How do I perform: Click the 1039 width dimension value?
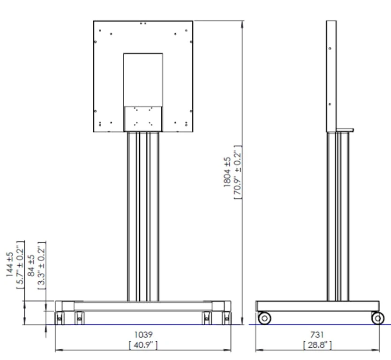(x=143, y=335)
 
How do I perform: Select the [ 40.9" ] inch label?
(x=143, y=345)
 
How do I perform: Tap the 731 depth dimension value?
(x=317, y=335)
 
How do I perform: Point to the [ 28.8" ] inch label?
(x=317, y=345)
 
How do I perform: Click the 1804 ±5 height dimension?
(x=227, y=172)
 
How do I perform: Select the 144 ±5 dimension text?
(x=10, y=265)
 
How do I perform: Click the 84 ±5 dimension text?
(x=31, y=265)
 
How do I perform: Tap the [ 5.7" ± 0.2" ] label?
(x=20, y=265)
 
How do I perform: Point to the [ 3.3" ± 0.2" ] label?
(x=41, y=265)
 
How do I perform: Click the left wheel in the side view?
(x=264, y=318)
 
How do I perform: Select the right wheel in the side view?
(x=377, y=318)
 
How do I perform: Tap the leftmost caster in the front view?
(x=60, y=318)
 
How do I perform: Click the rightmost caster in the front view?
(x=227, y=318)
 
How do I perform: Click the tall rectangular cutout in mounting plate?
(x=143, y=80)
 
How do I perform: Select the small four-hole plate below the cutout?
(x=143, y=118)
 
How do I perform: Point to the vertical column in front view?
(x=143, y=216)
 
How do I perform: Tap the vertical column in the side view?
(x=338, y=216)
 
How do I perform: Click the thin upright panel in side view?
(x=331, y=75)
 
